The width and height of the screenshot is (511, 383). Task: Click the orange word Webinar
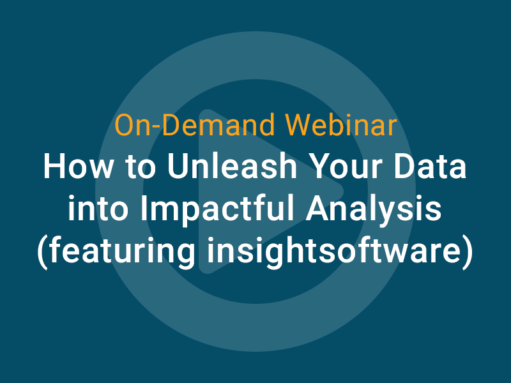340,125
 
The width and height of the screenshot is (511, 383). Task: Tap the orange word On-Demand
195,125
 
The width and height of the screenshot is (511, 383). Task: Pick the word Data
430,166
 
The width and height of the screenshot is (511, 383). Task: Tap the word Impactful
217,209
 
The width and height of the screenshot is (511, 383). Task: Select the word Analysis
374,209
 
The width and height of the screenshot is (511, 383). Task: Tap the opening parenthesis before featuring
43,253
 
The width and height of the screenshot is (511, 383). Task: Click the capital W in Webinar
300,125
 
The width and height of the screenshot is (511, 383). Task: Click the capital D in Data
404,166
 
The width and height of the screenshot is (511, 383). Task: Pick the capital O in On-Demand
124,125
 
